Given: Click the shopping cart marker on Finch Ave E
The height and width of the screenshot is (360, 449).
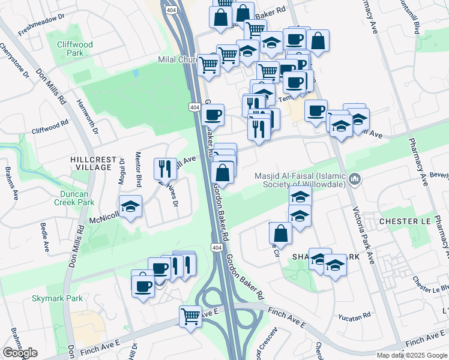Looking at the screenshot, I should point(191,315).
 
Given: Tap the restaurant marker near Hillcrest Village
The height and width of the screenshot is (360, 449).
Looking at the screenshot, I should point(164,169).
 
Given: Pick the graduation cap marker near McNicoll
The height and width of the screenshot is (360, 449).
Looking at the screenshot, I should point(130,206).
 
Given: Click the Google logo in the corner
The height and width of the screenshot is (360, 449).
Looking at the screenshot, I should point(20,353).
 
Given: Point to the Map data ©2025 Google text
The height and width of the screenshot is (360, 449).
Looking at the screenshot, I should point(411,355).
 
